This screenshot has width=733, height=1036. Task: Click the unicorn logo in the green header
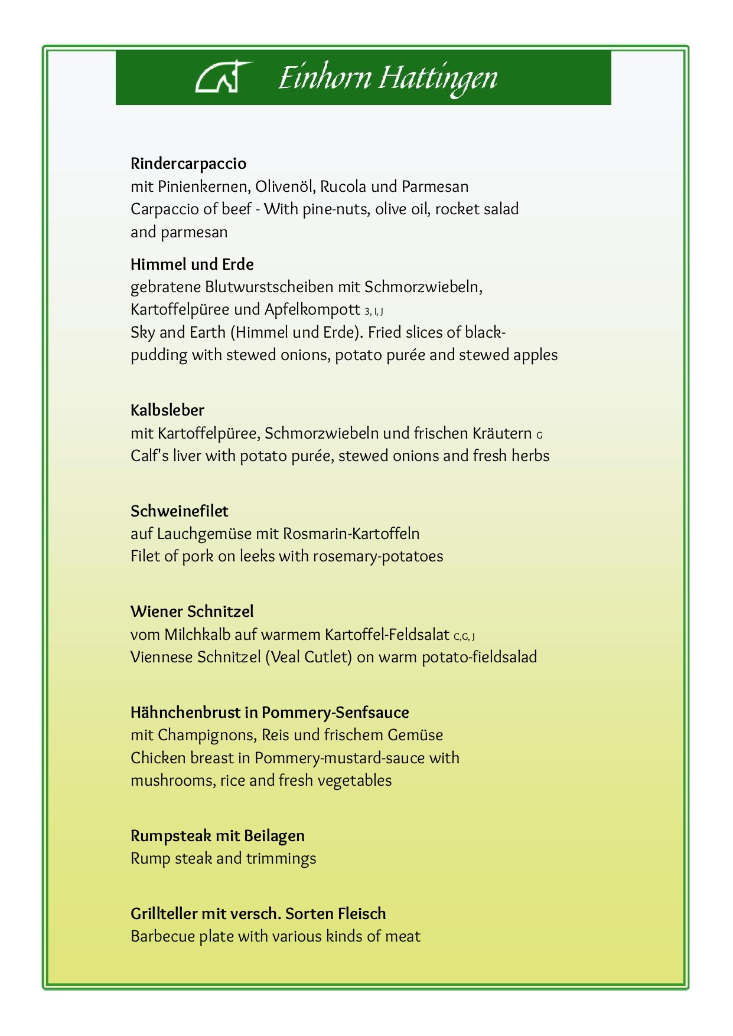coord(223,77)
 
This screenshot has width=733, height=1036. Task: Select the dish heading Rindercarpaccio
coord(188,164)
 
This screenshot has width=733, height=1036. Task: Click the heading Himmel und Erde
coord(192,264)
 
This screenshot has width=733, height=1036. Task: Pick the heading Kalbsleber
coord(167,410)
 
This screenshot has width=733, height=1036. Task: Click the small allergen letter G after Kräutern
coord(539,436)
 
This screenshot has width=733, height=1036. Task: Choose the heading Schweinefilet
coord(179,511)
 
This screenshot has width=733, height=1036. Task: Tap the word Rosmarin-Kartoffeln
coord(351,534)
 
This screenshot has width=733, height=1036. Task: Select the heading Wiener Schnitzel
coord(192,612)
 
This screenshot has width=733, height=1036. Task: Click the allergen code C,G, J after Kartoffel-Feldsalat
coord(464,637)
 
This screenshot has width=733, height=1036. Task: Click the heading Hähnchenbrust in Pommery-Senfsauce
coord(269,713)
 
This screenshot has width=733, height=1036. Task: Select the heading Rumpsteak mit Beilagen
coord(217,836)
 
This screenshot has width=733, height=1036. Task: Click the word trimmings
coord(281,859)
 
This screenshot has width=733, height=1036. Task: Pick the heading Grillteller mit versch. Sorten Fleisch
coord(258,914)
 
